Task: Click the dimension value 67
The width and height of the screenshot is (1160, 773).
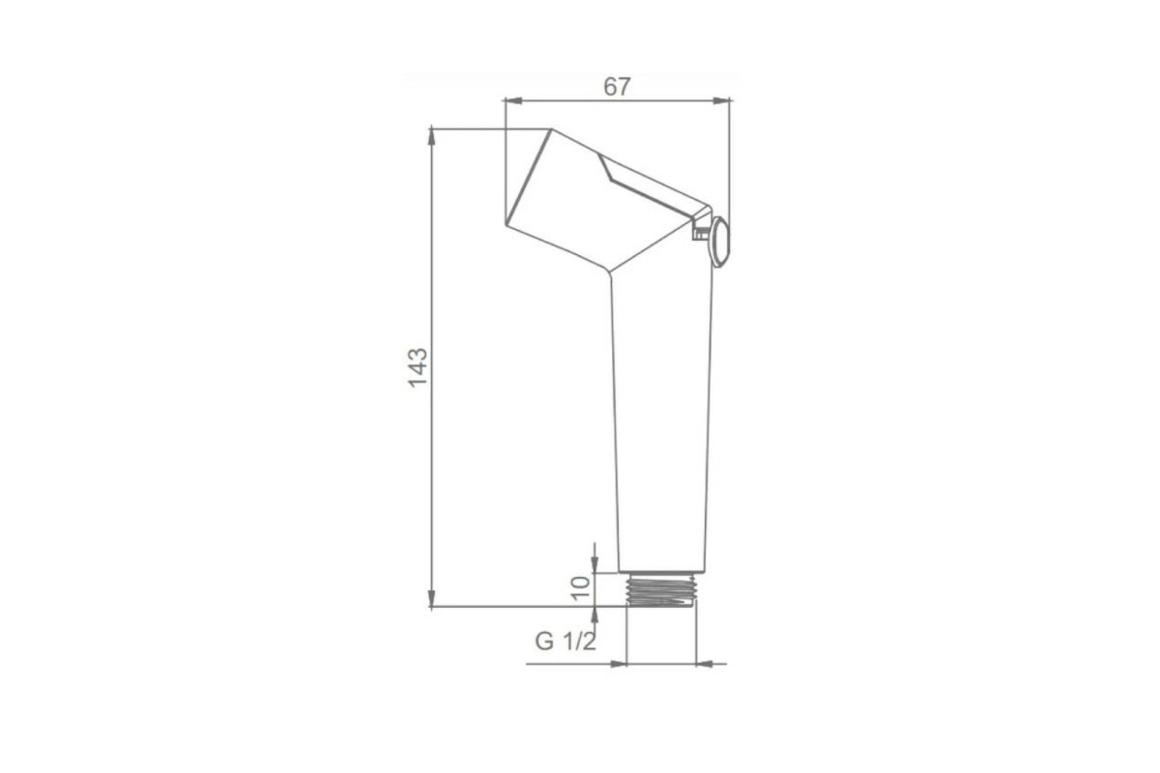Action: click(617, 87)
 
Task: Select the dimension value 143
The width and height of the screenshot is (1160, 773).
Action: click(418, 367)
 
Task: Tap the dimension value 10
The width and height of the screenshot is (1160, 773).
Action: click(581, 587)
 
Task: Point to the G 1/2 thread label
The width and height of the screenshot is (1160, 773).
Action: click(565, 642)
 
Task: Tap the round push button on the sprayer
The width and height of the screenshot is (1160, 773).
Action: click(720, 243)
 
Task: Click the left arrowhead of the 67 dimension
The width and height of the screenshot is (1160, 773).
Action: click(512, 100)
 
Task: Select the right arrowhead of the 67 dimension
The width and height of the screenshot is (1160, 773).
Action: click(721, 100)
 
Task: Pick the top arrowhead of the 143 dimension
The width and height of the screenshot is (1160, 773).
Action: click(431, 136)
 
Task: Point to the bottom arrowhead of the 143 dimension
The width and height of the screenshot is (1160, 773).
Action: click(431, 597)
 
